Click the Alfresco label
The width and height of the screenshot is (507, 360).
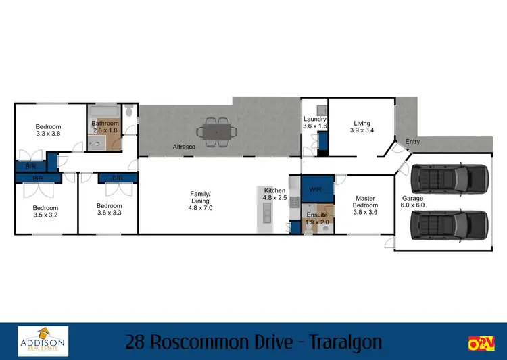pyautogui.click(x=184, y=147)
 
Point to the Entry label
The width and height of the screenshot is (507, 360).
pyautogui.click(x=412, y=142)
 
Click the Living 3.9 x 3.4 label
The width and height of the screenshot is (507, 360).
pyautogui.click(x=362, y=127)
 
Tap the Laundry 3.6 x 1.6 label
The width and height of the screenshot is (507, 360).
pyautogui.click(x=315, y=122)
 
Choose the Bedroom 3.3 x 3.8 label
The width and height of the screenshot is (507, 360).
pyautogui.click(x=48, y=130)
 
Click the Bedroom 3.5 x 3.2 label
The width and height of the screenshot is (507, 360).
pyautogui.click(x=46, y=211)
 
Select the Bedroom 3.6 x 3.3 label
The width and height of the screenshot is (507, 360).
pyautogui.click(x=109, y=209)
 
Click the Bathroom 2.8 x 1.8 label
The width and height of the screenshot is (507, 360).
pyautogui.click(x=105, y=128)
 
